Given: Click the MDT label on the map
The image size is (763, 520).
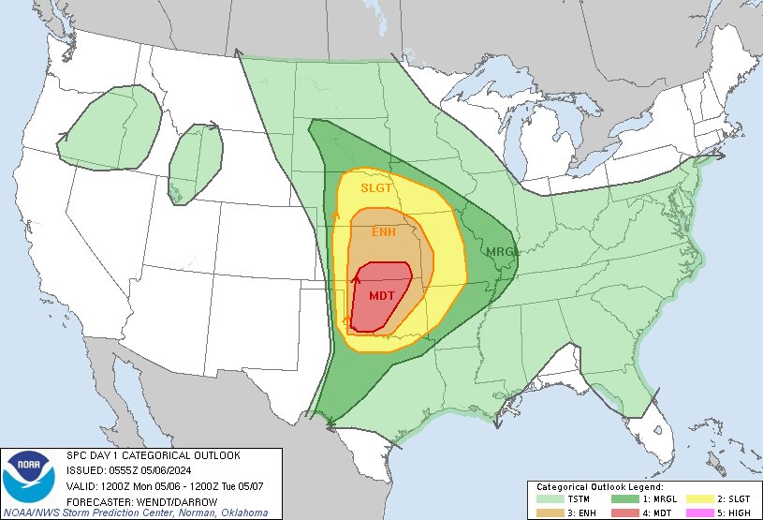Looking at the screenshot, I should point(381,295).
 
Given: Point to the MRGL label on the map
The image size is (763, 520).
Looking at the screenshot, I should point(500,251).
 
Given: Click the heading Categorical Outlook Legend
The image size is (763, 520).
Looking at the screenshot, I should point(600,487).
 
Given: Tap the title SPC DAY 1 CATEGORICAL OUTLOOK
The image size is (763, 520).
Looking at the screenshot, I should point(153,455).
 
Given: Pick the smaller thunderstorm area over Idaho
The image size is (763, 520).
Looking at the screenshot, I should point(196,161).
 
